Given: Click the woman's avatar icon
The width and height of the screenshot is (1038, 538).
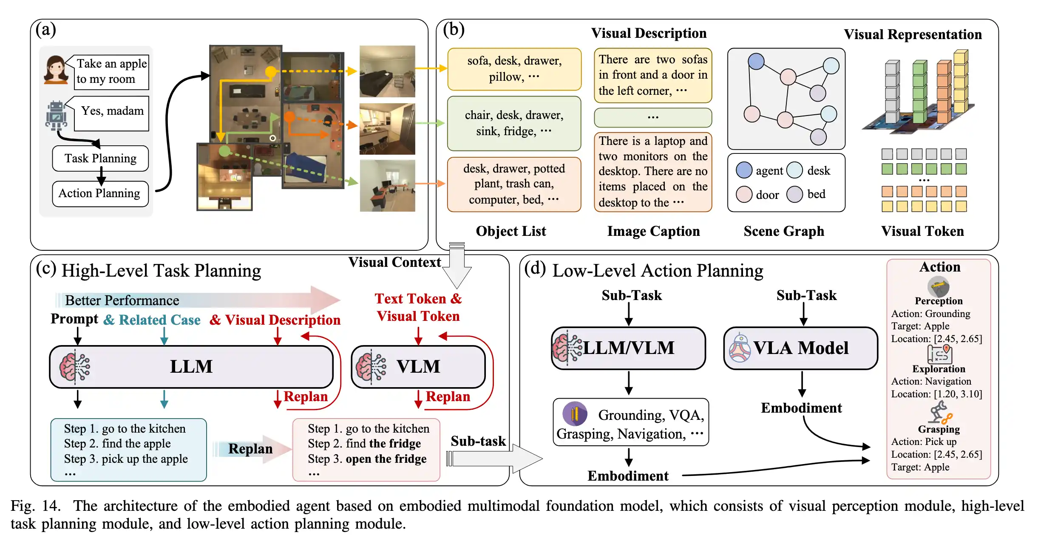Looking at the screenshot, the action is click(56, 69).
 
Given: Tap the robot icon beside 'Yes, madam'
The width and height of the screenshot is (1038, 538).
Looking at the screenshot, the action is click(56, 115).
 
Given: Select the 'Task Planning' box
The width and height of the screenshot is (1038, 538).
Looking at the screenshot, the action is click(100, 158).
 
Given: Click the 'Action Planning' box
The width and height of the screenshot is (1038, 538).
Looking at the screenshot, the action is click(100, 193).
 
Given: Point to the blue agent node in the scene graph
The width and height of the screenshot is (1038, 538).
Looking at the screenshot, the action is click(756, 61).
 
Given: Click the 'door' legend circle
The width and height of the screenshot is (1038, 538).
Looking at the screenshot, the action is click(744, 194).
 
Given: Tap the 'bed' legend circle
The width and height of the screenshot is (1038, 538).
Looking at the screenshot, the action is click(794, 194).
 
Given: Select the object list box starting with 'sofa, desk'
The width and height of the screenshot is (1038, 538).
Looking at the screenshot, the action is click(514, 69).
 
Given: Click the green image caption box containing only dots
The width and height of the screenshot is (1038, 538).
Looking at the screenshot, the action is click(653, 117).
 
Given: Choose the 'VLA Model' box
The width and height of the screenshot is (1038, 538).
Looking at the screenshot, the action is click(801, 348).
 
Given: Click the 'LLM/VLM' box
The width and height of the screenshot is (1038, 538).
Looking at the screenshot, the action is click(628, 348).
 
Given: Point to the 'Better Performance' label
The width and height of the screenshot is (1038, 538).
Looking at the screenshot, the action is click(122, 300).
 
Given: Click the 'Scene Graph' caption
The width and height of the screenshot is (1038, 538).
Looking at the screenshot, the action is click(784, 231).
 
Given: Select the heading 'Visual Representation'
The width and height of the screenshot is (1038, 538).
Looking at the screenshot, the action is click(913, 34).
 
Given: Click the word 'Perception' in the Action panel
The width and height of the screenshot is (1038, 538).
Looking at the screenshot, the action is click(939, 301).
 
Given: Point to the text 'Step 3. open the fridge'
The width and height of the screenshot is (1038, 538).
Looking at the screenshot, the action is click(367, 459).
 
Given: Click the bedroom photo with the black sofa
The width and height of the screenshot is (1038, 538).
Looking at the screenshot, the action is click(387, 71).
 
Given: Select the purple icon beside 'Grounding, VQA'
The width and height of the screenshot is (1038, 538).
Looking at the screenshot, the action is click(575, 413).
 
